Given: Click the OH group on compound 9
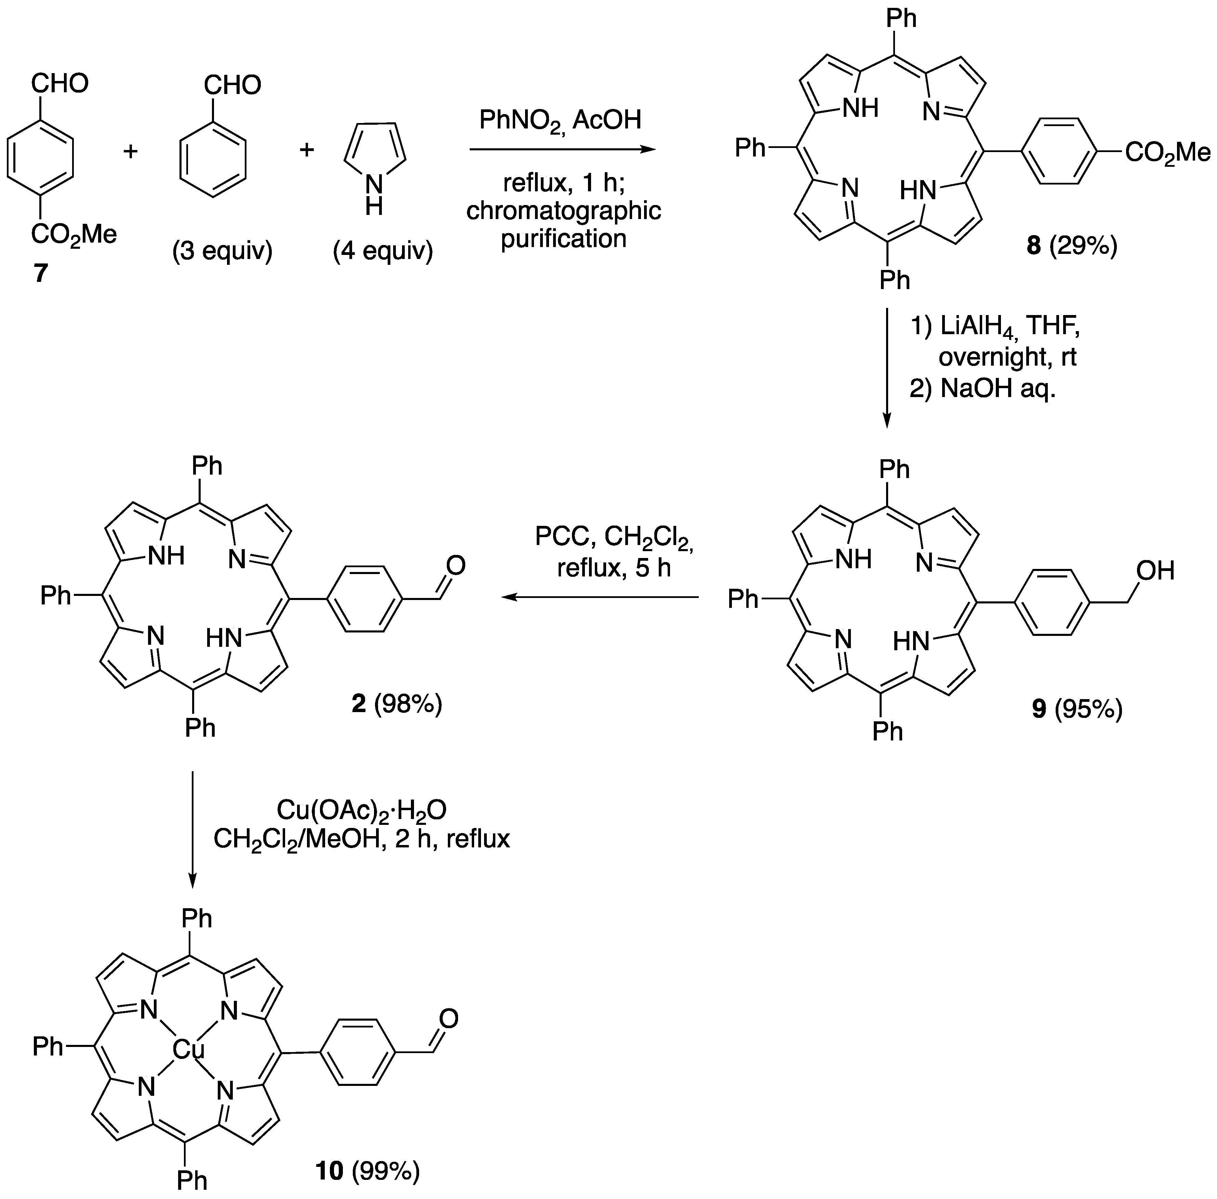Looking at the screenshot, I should pyautogui.click(x=1155, y=571).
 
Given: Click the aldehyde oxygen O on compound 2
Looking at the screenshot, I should pyautogui.click(x=455, y=566).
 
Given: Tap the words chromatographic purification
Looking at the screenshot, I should pyautogui.click(x=563, y=224).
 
